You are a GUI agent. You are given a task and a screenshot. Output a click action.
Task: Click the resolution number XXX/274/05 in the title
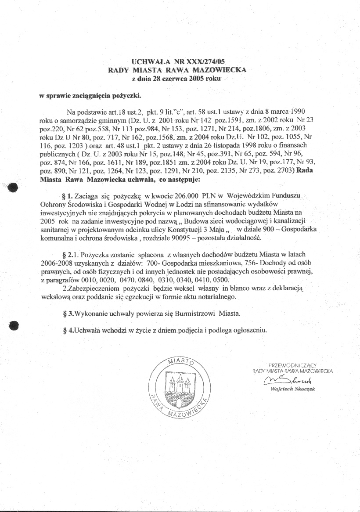(206, 61)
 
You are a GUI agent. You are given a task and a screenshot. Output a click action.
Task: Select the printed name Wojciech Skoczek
(292, 389)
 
